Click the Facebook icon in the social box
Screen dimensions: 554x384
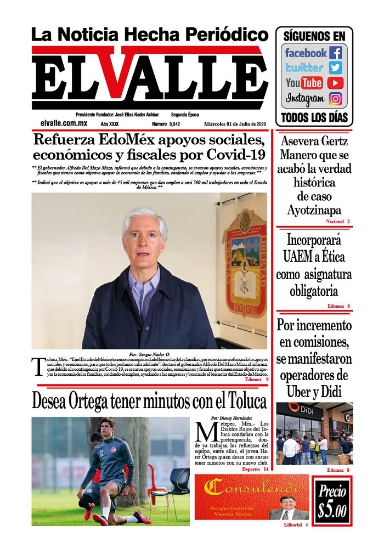click(335, 53)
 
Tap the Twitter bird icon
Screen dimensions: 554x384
click(335, 68)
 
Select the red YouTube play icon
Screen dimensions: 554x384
click(335, 83)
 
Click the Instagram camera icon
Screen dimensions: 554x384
click(335, 99)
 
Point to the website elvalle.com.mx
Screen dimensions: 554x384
click(64, 124)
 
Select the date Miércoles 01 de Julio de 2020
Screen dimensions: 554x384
click(235, 125)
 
